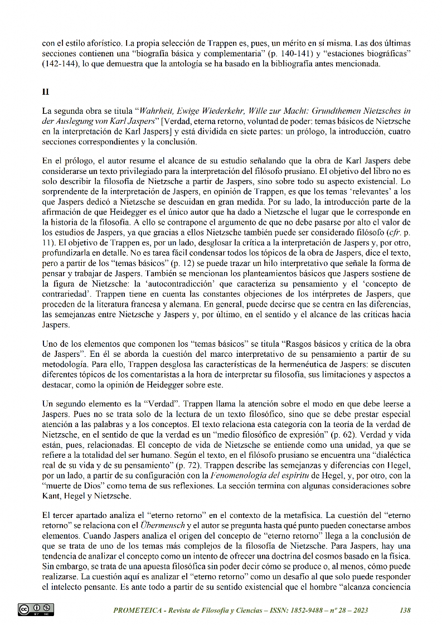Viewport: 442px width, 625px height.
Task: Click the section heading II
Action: [46, 90]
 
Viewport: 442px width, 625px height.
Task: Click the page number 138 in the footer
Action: [405, 611]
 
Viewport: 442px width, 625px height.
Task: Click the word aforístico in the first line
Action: [103, 43]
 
